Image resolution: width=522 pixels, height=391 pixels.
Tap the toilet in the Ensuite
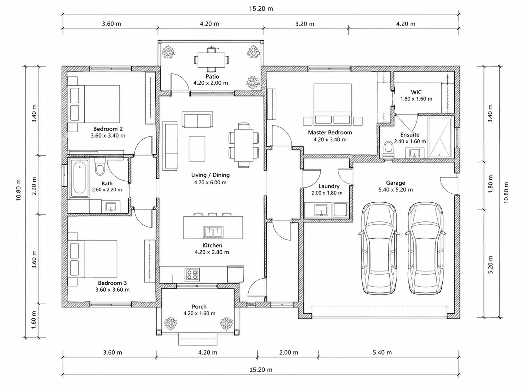coord(389,149)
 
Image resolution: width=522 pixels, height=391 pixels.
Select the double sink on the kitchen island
coord(213,232)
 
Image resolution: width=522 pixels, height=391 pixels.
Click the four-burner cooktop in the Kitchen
coord(192,275)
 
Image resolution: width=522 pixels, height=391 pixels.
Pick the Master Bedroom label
coord(330,132)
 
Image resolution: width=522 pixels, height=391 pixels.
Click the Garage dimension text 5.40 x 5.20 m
coord(396,190)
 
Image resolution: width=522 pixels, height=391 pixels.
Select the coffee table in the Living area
coord(197,149)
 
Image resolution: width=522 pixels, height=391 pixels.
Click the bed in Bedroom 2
coord(94,104)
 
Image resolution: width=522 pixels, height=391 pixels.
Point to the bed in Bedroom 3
coord(93,259)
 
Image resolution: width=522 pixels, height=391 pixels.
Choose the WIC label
coord(416,92)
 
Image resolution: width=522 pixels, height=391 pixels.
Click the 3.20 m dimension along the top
coord(305,24)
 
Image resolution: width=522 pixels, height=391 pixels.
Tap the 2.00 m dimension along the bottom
coord(288,352)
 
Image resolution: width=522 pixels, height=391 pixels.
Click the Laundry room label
coord(329,186)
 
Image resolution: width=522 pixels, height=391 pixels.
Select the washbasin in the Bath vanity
coord(111,207)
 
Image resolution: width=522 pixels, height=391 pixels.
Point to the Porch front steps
coord(198,339)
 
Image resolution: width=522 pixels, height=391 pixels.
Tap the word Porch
coord(199,307)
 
